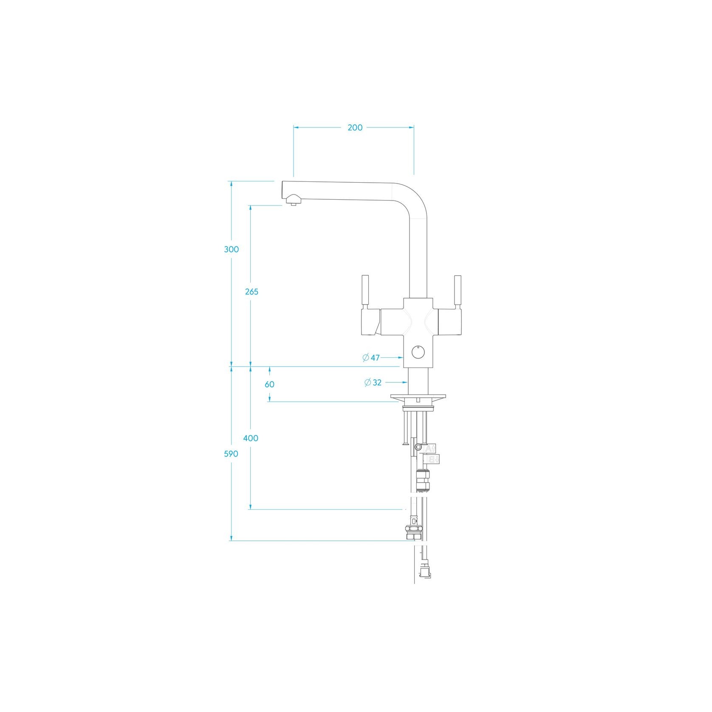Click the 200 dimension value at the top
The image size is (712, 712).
[355, 127]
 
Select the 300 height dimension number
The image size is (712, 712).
[232, 249]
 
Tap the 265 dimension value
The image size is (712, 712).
[251, 292]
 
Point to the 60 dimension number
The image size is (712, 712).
[269, 384]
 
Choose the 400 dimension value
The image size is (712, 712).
[251, 438]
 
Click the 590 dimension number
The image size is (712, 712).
[231, 454]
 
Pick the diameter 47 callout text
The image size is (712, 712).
[371, 358]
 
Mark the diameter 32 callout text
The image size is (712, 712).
[373, 383]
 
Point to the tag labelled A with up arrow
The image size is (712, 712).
[430, 448]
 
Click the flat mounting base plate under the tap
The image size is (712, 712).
[418, 397]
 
